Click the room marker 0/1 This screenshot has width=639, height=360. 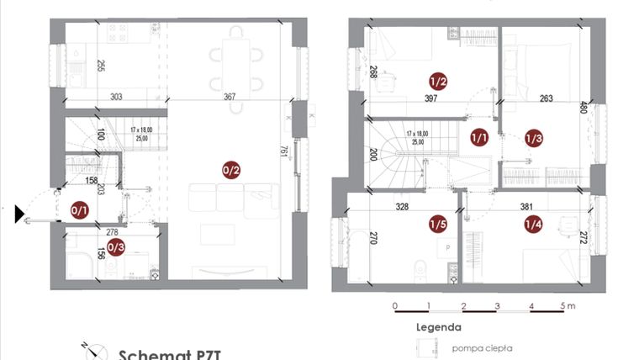click(79, 210)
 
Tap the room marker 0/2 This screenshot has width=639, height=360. click(231, 170)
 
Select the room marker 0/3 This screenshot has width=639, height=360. click(117, 247)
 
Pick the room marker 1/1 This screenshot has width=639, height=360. click(479, 137)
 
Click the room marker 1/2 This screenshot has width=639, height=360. click(437, 82)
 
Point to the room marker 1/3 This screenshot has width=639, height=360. click(533, 137)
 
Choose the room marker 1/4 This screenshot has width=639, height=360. click(533, 224)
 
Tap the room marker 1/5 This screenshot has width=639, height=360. click(437, 224)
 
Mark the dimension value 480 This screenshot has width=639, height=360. click(584, 109)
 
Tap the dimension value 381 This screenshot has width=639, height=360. click(527, 206)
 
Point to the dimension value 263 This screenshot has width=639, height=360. click(546, 98)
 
